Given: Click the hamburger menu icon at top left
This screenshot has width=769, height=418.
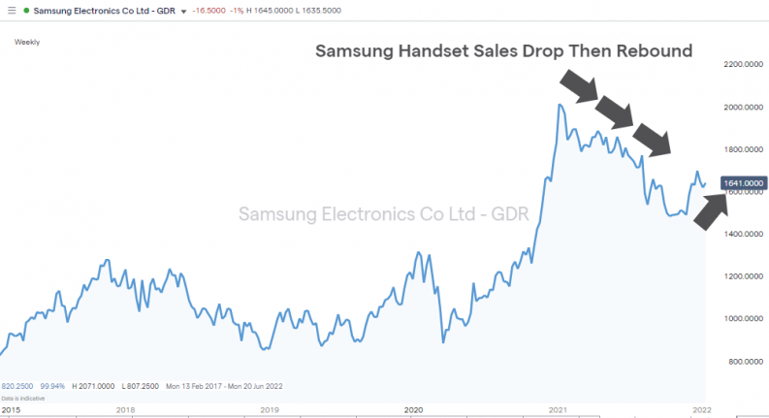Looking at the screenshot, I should tap(9, 10).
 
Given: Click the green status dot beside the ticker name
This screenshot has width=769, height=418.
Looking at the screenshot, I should tap(25, 10).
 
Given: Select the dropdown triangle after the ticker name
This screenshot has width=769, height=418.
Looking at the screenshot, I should tap(182, 11).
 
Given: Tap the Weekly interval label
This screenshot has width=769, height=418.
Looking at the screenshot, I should tap(27, 42).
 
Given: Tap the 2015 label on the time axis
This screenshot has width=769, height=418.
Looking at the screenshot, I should tap(13, 410).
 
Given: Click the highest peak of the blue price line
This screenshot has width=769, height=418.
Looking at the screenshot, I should tap(561, 104).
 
